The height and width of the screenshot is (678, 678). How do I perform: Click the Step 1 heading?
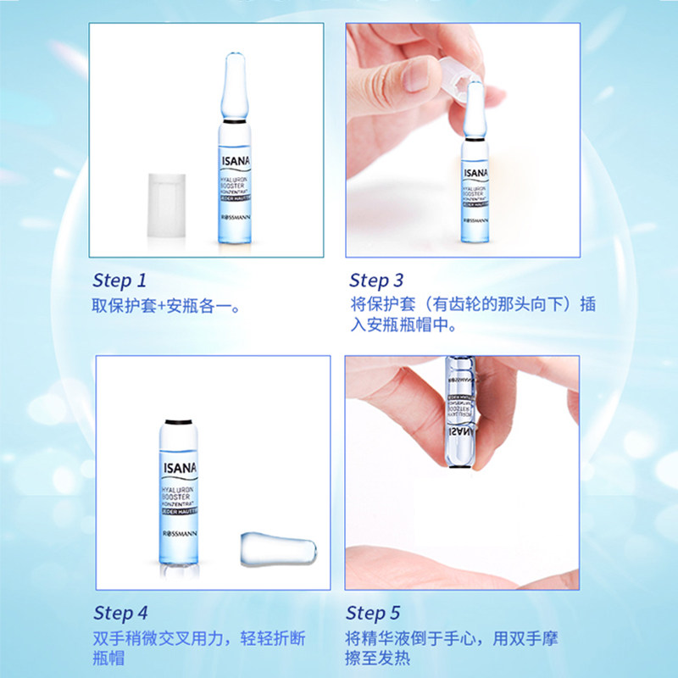pos(119,281)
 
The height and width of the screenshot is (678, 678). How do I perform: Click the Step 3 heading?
pos(376,281)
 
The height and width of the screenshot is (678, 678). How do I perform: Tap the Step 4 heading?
pos(120,613)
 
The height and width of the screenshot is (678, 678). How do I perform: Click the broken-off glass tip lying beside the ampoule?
pos(278,549)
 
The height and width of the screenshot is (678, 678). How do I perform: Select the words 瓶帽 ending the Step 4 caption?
pos(108,659)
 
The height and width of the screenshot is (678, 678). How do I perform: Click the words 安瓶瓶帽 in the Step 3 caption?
pos(407,325)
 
